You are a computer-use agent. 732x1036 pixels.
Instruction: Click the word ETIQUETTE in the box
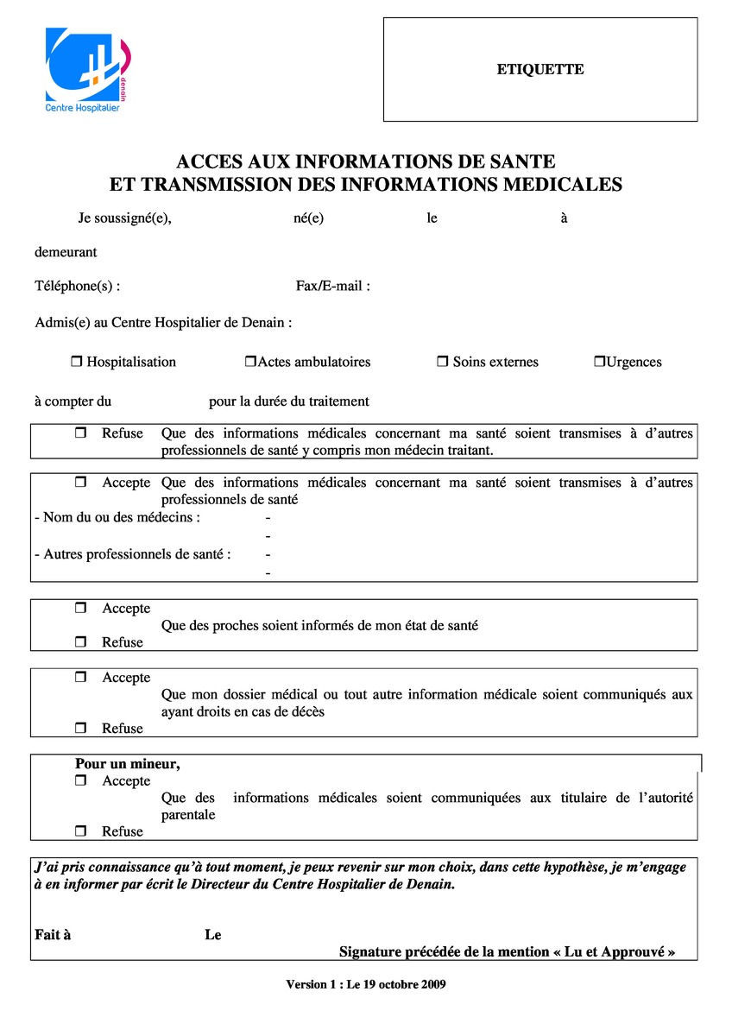[540, 70]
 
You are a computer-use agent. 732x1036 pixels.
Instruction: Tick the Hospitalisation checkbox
[75, 362]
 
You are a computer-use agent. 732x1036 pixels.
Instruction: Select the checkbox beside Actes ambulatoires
[250, 362]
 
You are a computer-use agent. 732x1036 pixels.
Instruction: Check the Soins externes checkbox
[442, 362]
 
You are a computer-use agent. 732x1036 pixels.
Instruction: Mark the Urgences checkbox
[599, 362]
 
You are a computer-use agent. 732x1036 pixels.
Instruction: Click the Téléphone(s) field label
[77, 286]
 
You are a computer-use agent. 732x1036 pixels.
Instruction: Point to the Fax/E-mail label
[332, 286]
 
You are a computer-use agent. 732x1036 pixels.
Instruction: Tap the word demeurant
[66, 252]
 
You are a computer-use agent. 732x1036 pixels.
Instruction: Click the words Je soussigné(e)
[124, 218]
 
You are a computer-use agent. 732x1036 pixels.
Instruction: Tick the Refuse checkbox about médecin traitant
[81, 433]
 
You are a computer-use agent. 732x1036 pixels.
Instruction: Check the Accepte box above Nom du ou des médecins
[81, 483]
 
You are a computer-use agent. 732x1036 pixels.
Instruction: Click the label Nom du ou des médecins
[117, 517]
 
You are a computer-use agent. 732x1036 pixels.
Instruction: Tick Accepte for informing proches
[81, 609]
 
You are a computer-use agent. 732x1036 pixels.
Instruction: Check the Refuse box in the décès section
[81, 729]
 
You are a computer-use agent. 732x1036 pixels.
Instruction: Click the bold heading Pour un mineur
[127, 763]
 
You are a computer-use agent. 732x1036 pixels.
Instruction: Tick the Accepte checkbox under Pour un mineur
[81, 780]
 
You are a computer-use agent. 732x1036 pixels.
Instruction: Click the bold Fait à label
[53, 935]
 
